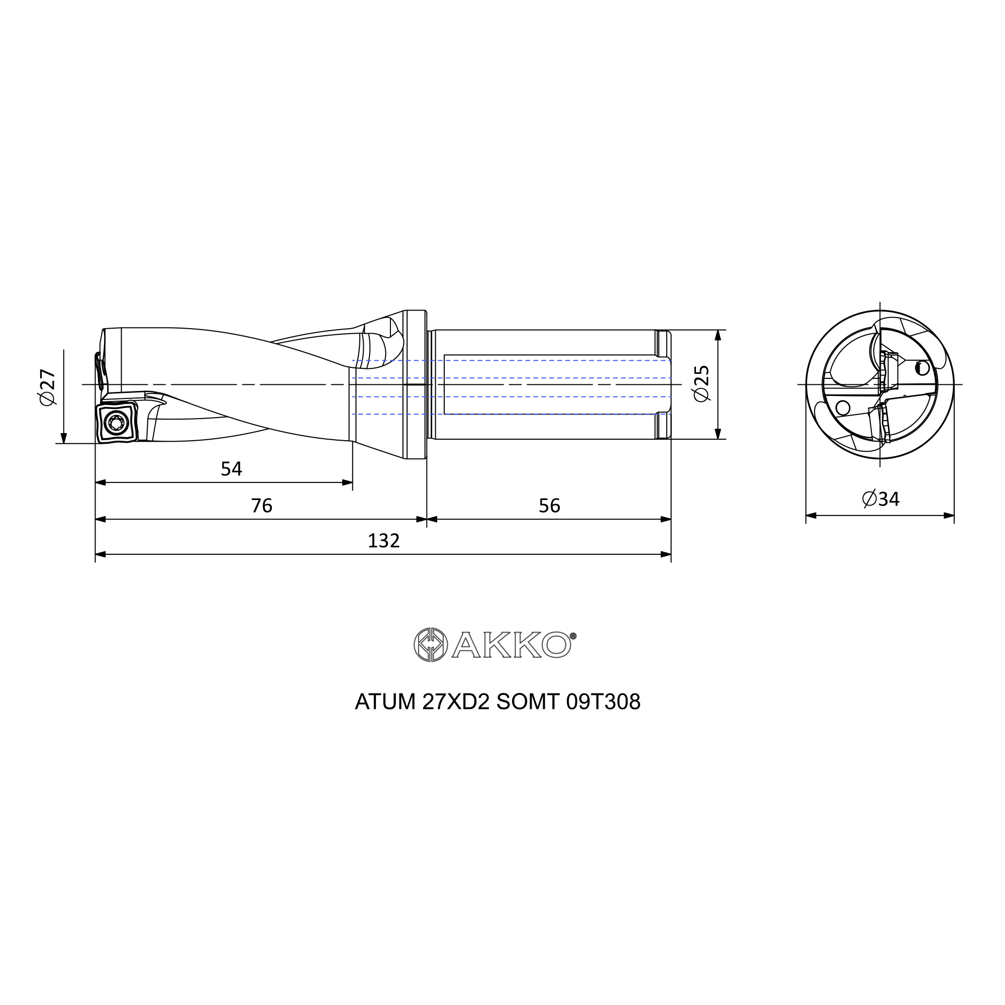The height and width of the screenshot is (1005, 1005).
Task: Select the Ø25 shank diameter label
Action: [x=701, y=383]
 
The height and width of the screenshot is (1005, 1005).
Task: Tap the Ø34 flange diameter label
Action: [x=881, y=499]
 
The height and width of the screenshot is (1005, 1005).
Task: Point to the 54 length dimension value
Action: [x=232, y=469]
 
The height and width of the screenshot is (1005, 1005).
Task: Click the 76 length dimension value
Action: [x=262, y=506]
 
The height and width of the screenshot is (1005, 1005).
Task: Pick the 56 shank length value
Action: [x=549, y=506]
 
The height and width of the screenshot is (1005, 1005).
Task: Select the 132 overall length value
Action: [x=383, y=541]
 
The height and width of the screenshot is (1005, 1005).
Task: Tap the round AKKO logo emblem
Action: [x=430, y=645]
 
